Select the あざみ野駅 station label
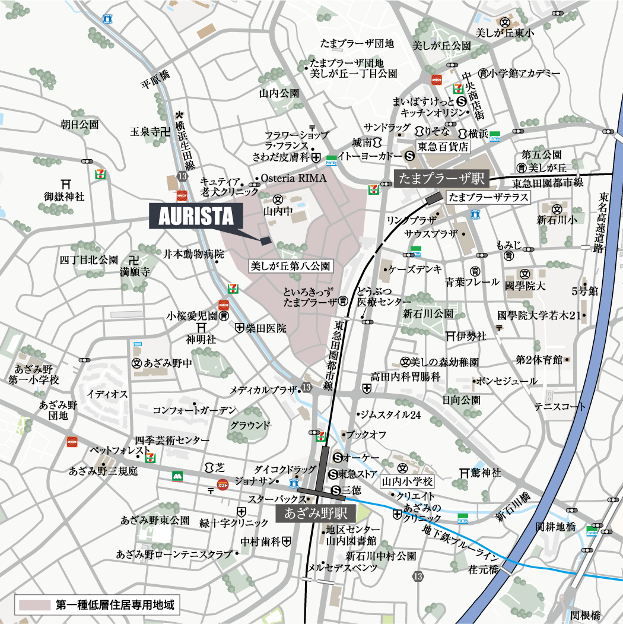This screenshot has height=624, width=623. [316, 512]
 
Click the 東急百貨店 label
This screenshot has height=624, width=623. [443, 146]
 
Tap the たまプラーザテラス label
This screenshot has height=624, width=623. [488, 198]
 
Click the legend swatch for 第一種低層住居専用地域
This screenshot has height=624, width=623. [34, 606]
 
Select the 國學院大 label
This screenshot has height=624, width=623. [525, 286]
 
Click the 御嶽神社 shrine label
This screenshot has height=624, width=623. [65, 195]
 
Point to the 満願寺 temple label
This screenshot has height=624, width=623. [135, 272]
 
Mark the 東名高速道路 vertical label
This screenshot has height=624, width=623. [603, 221]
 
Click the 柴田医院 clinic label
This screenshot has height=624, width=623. [266, 328]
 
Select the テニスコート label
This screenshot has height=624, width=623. [560, 406]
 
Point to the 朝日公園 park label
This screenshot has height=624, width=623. [80, 125]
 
